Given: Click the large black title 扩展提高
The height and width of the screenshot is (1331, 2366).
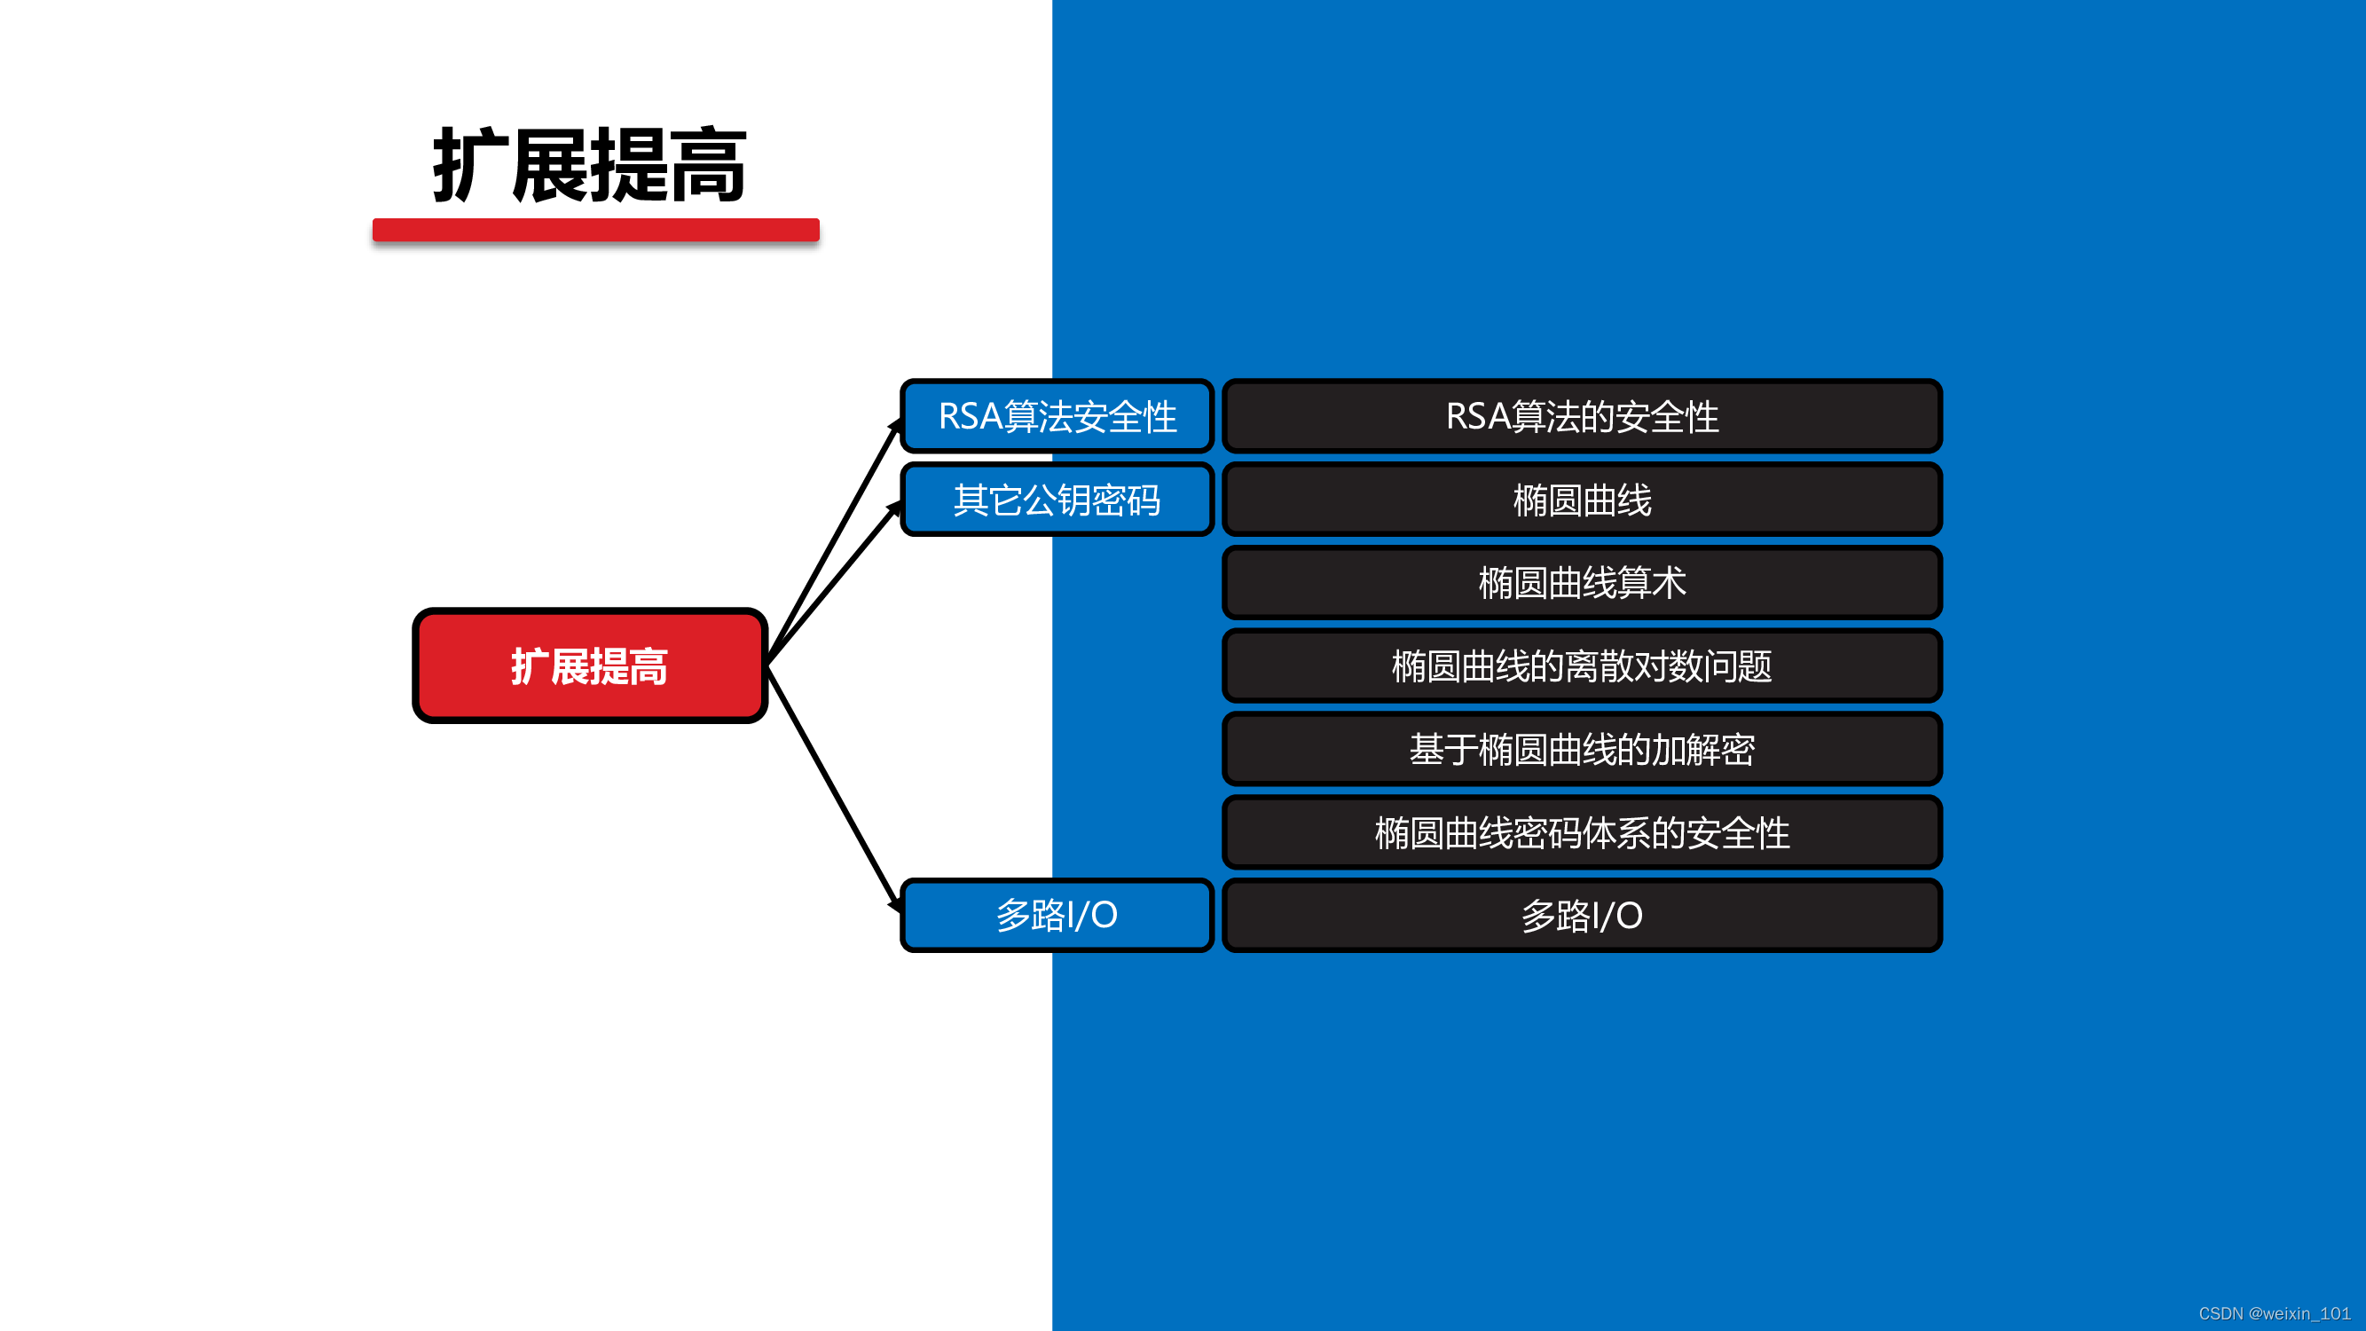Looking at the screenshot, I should pos(590,165).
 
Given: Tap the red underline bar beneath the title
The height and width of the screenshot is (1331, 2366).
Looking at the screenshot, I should pos(595,230).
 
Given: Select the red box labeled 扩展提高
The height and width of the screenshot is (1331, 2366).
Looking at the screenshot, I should pos(590,666).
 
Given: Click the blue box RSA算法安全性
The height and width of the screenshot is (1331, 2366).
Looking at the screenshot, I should pos(1057,416).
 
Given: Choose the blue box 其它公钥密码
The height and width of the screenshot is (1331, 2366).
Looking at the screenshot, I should pos(1057,500).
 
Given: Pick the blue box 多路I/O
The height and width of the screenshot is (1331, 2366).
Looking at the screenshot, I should pos(1057,915).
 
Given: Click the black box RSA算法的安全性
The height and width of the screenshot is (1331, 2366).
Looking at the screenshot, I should pos(1582,416).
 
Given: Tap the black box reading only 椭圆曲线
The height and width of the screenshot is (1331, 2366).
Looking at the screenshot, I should pos(1582,500).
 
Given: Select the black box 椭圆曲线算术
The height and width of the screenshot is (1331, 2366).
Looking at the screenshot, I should pos(1582,582).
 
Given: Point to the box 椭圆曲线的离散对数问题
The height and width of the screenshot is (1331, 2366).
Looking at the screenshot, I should pos(1582,666).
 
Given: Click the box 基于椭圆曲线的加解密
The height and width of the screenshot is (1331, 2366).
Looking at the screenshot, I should pos(1582,750).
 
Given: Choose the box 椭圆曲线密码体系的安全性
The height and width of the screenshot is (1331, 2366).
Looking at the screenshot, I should pos(1582,832).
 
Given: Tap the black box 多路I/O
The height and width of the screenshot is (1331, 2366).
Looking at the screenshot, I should pos(1582,915).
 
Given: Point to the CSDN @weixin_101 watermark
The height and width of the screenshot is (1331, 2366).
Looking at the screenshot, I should pos(2274,1313).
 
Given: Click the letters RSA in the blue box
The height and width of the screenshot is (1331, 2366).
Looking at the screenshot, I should pos(970,416).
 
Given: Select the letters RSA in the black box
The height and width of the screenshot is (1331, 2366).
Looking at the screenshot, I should pos(1477,416).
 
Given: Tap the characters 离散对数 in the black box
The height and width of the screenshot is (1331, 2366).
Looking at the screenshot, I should pos(1634,666).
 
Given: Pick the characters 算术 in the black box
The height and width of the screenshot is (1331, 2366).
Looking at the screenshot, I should pos(1652,582).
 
